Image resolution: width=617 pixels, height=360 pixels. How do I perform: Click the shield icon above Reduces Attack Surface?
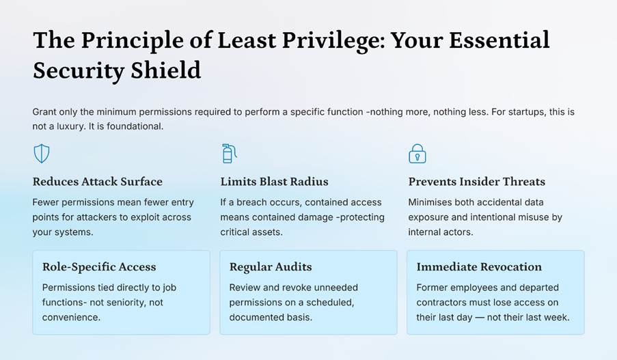(x=41, y=154)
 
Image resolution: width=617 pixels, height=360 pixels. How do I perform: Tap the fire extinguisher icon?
(x=229, y=154)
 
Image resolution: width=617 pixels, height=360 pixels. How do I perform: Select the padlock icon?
(x=417, y=154)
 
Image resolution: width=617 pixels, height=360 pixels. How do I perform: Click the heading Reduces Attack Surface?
(x=97, y=182)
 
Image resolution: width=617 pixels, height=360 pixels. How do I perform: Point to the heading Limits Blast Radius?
(x=274, y=182)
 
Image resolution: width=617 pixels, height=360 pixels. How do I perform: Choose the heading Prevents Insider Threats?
(x=476, y=182)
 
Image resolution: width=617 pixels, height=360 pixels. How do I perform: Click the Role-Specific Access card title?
(x=99, y=266)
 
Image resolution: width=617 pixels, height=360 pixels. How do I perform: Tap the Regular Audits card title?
(x=271, y=266)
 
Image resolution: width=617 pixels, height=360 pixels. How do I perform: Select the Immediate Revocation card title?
(x=479, y=266)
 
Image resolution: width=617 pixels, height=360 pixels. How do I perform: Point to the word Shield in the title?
(x=165, y=70)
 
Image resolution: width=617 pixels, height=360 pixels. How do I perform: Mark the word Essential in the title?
(x=499, y=40)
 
